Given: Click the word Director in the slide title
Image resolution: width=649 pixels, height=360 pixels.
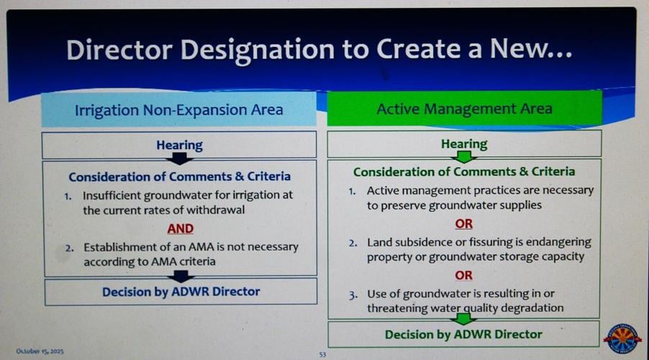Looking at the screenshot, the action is (x=119, y=50).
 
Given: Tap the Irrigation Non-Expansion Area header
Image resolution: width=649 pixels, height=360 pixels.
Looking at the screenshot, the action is (x=179, y=109).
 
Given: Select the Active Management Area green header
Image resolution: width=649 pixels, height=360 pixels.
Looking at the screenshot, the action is (x=464, y=109).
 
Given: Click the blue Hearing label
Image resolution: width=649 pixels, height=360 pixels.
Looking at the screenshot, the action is (x=179, y=145).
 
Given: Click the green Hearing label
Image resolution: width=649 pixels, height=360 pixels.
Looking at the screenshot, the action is (x=464, y=144).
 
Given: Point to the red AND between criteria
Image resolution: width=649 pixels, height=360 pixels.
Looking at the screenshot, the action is (x=181, y=229).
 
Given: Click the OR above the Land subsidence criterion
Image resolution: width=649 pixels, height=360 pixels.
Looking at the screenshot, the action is (x=463, y=224).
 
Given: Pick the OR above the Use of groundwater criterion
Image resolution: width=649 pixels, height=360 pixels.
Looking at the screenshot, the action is (x=463, y=275).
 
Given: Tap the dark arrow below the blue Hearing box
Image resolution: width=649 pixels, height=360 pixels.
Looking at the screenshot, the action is (x=179, y=158).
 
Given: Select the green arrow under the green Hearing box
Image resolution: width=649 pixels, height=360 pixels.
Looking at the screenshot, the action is (x=464, y=156).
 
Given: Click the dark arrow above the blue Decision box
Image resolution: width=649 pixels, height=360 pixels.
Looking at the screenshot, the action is (x=181, y=276).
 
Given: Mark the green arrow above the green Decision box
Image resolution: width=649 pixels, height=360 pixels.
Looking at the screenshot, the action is (x=463, y=318).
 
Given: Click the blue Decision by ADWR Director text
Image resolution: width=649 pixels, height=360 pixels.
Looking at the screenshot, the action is (x=181, y=292).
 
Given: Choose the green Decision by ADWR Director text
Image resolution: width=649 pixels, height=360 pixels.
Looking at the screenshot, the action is (x=463, y=334).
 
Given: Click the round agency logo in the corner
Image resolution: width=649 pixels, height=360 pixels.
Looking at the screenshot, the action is (x=622, y=338).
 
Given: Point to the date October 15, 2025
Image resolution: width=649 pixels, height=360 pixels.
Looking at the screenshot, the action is (x=40, y=351).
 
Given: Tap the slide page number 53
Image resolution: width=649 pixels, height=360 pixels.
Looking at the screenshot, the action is (x=322, y=355).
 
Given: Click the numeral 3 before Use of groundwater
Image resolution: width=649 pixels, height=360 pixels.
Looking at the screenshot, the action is (x=353, y=295).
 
